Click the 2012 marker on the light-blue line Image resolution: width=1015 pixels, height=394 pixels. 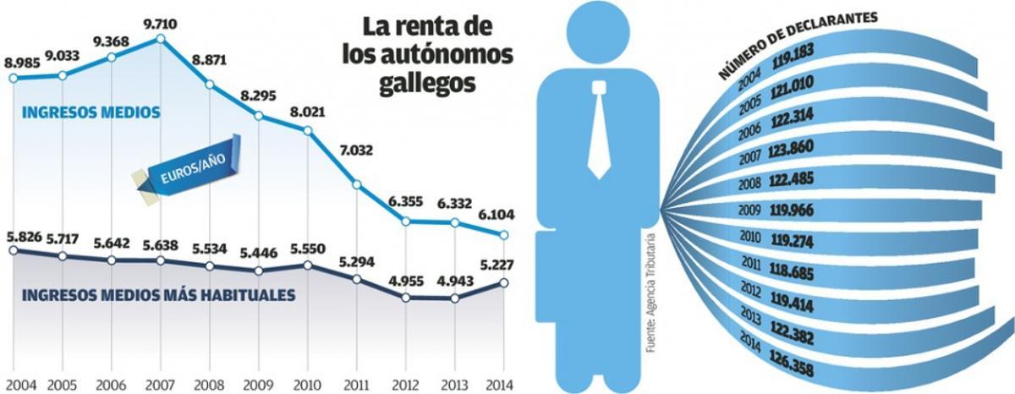(407, 222)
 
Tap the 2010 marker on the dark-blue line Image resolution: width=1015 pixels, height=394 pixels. (308, 265)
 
